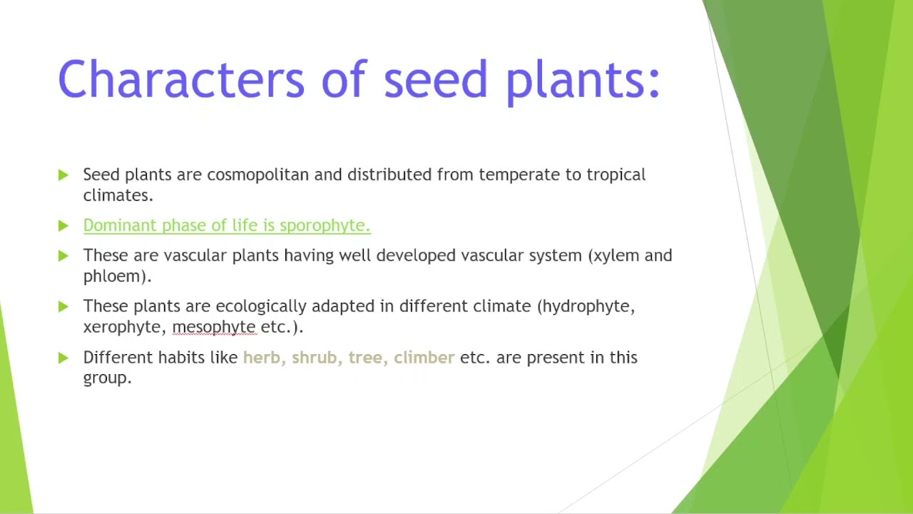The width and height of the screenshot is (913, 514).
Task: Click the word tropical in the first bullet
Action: click(616, 175)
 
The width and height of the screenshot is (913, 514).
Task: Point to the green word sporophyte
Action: click(324, 226)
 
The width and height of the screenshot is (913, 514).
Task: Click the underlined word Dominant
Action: click(120, 226)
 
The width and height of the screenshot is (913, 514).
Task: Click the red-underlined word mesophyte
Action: click(213, 327)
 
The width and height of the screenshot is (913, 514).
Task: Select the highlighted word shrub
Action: click(315, 358)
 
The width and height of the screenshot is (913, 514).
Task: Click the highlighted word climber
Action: click(424, 358)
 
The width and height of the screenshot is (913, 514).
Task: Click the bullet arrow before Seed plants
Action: click(63, 175)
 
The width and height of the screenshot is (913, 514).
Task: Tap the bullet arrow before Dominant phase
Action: click(63, 226)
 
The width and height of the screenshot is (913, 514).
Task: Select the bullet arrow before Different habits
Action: click(63, 358)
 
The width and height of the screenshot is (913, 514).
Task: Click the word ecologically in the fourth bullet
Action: click(260, 306)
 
